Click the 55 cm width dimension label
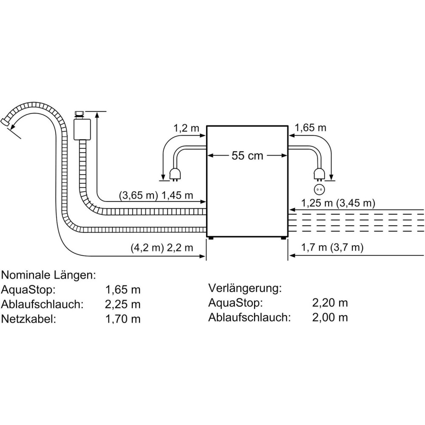point(247,156)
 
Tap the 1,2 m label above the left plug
point(186,127)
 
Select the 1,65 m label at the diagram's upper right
point(311,127)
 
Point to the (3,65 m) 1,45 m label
point(156,196)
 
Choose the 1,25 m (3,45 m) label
point(338,203)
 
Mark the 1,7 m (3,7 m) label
point(332,247)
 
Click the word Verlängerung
point(245,288)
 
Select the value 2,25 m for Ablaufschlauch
point(123,304)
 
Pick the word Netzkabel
point(28,319)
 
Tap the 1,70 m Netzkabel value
point(123,319)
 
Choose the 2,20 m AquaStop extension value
point(330,303)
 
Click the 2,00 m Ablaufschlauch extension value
point(330,317)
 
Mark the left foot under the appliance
point(211,239)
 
